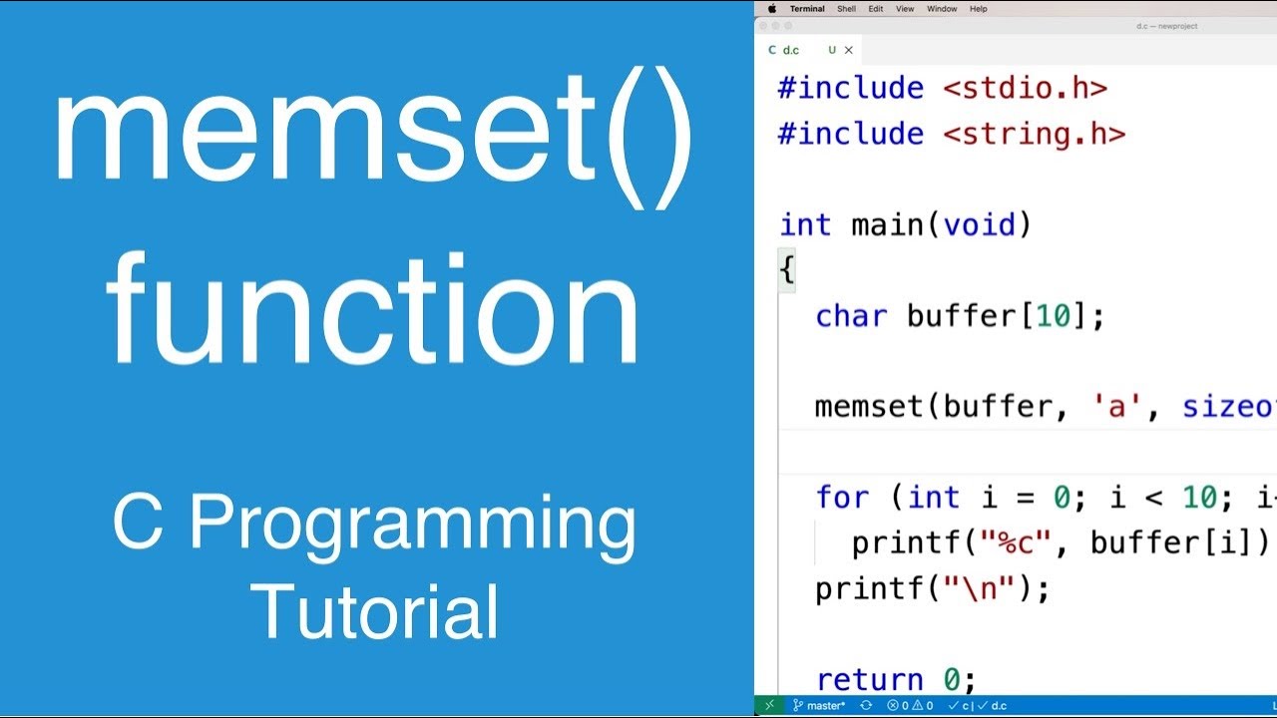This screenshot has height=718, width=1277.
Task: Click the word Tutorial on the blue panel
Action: [x=375, y=610]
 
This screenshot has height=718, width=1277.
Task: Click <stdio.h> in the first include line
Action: [x=1025, y=88]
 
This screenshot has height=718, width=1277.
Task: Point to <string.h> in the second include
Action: [x=1034, y=134]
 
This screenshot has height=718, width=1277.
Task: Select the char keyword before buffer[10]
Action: [x=851, y=316]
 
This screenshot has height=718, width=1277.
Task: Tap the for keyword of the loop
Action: [x=842, y=497]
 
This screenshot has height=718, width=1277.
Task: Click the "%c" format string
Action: [x=1016, y=542]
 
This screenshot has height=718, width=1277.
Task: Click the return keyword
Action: [x=870, y=680]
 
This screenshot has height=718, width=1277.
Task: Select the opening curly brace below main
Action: [x=787, y=270]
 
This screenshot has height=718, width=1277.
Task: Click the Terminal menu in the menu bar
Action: [x=807, y=9]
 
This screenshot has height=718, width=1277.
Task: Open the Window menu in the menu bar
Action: [x=942, y=9]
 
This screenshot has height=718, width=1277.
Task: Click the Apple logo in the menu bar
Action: [x=772, y=9]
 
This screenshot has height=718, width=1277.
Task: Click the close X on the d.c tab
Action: [x=849, y=50]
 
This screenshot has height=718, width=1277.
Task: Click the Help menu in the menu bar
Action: [x=979, y=9]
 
